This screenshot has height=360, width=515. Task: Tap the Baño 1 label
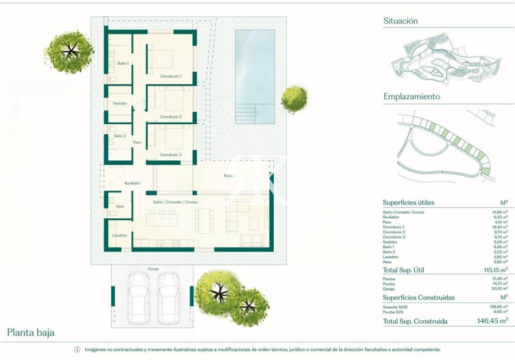[x=123, y=63]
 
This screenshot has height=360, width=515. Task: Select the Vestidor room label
[x=119, y=103]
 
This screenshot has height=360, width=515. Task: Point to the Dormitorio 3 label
[x=170, y=155]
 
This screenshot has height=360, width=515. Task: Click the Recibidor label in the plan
[x=132, y=183]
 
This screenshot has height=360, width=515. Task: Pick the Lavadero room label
[x=120, y=235]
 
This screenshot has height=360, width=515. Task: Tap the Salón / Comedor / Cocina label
[x=175, y=202]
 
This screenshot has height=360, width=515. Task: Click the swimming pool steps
[x=245, y=112]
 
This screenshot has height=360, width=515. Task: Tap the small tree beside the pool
[x=294, y=98]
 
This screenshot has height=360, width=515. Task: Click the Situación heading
[x=401, y=21]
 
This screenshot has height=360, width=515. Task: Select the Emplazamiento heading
[x=411, y=97]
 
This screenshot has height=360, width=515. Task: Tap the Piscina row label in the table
[x=389, y=278]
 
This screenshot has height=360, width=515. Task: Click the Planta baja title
[x=31, y=333]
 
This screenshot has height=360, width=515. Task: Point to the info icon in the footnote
[x=77, y=350]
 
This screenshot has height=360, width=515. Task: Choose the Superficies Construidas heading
[x=418, y=297]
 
